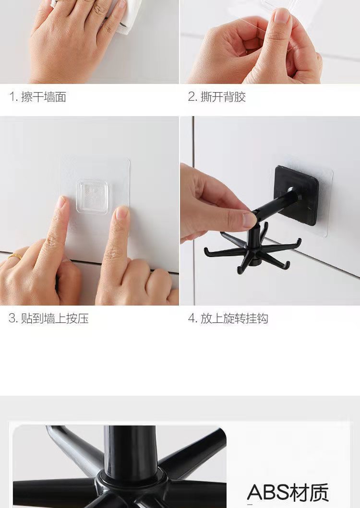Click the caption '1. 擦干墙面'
(38, 97)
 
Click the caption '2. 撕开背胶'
(217, 97)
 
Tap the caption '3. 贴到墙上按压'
(49, 319)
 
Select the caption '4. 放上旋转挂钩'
(228, 319)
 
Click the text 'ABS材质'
(288, 493)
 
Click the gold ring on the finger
(14, 256)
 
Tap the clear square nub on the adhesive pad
(92, 196)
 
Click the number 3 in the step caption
(12, 319)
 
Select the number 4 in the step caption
(191, 319)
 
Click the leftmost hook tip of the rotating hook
(205, 250)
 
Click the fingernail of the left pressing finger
(60, 202)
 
